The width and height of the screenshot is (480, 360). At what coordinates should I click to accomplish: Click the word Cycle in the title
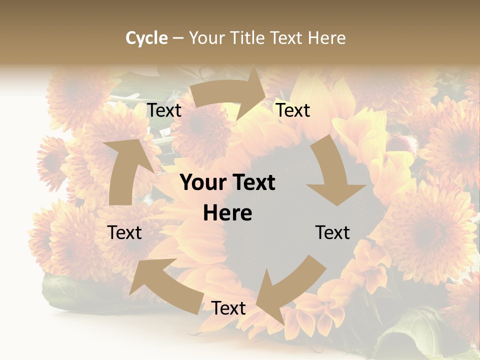tap(146, 38)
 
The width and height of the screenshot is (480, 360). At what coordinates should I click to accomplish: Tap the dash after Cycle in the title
tap(178, 38)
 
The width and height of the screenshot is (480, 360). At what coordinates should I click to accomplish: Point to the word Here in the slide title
tap(326, 38)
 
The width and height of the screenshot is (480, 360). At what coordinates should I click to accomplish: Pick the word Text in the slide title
tap(286, 38)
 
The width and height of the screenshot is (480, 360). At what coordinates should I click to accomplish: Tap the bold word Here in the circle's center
tap(227, 213)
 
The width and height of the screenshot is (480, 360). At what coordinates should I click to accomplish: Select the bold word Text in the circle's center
tap(252, 183)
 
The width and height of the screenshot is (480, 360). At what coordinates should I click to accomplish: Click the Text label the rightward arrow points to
tap(293, 110)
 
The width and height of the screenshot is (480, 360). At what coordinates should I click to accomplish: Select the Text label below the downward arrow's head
tap(332, 233)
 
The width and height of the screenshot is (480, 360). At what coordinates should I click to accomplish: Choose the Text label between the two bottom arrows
tap(228, 308)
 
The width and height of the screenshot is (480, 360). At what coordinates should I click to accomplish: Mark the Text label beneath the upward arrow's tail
tap(125, 233)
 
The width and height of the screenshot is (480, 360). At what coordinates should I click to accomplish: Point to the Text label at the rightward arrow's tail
tap(164, 110)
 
